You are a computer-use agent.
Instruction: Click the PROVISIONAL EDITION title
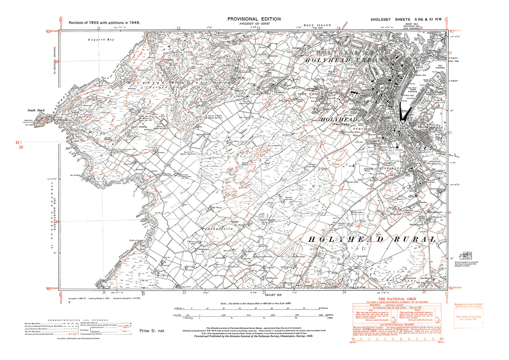(x=254, y=19)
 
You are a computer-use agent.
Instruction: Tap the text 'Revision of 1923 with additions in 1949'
(x=104, y=23)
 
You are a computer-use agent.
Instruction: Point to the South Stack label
(x=36, y=110)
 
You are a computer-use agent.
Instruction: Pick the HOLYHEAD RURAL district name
(x=372, y=240)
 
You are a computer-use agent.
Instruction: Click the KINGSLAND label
(x=392, y=169)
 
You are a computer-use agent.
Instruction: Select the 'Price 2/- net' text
(x=152, y=331)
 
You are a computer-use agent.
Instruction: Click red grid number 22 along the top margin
(x=179, y=28)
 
